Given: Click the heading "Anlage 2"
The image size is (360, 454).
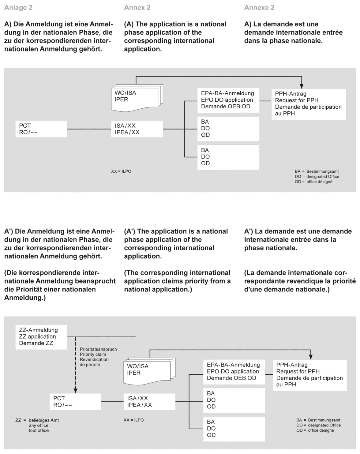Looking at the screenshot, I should coord(18,8).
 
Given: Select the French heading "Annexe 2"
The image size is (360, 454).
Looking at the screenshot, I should coord(259,8).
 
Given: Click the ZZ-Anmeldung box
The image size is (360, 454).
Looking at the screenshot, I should coord(41,337).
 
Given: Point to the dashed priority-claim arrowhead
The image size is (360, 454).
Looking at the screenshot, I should coord(75,390).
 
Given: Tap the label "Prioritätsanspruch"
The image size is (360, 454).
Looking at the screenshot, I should coord(98,349).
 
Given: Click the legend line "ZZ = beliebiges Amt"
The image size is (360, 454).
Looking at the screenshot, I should coord(37,420).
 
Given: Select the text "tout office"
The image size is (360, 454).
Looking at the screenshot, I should coord(39,430).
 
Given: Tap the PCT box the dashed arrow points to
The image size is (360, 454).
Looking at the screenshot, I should coord(75,402).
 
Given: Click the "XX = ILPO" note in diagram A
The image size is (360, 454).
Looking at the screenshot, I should coord(121,171).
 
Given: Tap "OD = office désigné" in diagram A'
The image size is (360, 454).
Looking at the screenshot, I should coord(315,430).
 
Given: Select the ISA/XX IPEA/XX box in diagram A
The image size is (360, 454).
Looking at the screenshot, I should coord(137,129).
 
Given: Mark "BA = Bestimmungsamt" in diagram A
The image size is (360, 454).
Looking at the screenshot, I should coord(317,171).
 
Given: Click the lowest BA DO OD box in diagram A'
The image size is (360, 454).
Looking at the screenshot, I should coord(234,428).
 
